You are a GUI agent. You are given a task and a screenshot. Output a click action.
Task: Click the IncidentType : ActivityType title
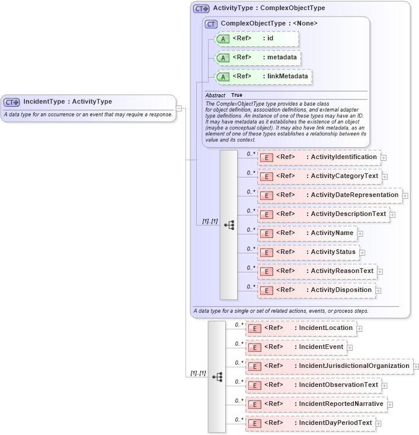[68, 101]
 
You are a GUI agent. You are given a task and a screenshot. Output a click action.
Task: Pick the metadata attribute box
[257, 58]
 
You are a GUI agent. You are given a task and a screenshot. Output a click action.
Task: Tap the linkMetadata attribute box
[263, 77]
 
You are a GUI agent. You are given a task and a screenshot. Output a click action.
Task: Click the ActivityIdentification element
[318, 157]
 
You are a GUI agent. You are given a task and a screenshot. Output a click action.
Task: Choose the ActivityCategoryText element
[319, 176]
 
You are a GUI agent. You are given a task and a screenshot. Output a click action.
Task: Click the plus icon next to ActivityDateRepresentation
[405, 195]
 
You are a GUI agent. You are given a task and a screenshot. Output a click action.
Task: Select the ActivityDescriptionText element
[323, 214]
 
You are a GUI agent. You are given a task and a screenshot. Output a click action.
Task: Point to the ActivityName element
[307, 233]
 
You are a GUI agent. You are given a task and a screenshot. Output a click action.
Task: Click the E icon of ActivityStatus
[267, 253]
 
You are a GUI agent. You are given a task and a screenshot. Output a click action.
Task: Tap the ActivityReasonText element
[317, 271]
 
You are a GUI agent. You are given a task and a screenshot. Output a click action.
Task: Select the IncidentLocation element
[300, 328]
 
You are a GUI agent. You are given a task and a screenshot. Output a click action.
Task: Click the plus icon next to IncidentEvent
[350, 348]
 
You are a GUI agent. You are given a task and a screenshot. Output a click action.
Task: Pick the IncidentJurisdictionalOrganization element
[329, 366]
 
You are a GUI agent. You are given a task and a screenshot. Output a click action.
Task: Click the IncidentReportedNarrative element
[316, 404]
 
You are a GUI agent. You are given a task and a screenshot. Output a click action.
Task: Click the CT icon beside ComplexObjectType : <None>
[211, 24]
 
